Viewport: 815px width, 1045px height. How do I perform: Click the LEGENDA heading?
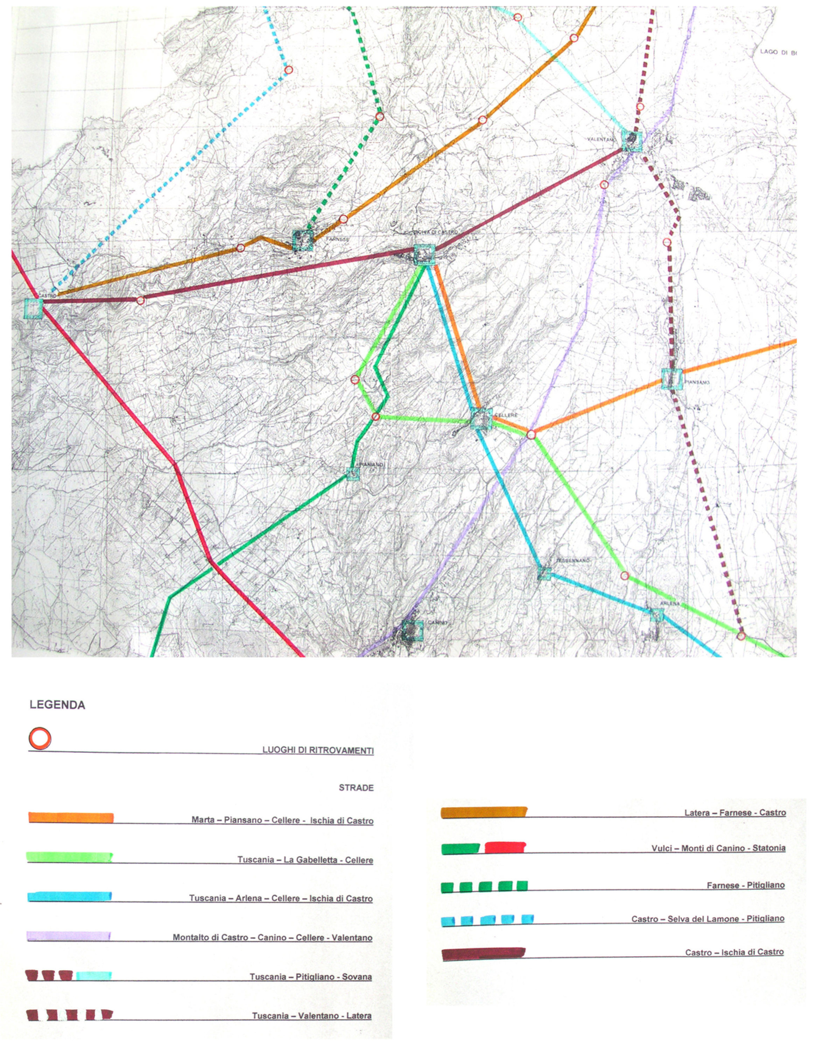pyautogui.click(x=57, y=705)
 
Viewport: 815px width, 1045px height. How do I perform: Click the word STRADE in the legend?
pyautogui.click(x=356, y=788)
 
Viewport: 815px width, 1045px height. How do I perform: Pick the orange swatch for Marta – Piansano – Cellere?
pyautogui.click(x=71, y=818)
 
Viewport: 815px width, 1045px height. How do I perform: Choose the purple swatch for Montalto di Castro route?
pyautogui.click(x=69, y=936)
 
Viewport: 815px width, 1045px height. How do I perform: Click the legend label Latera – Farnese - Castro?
pyautogui.click(x=735, y=813)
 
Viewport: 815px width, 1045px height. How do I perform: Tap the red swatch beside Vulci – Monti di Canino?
pyautogui.click(x=505, y=847)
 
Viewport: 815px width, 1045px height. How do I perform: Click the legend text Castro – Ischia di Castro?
pyautogui.click(x=734, y=952)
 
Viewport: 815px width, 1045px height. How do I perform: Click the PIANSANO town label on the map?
pyautogui.click(x=697, y=382)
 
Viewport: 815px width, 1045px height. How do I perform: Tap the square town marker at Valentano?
pyautogui.click(x=632, y=140)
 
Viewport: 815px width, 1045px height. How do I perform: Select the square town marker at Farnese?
pyautogui.click(x=303, y=240)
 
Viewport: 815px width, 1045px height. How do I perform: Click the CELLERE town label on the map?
pyautogui.click(x=506, y=415)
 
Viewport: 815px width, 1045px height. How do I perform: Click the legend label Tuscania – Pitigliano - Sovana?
pyautogui.click(x=310, y=976)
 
